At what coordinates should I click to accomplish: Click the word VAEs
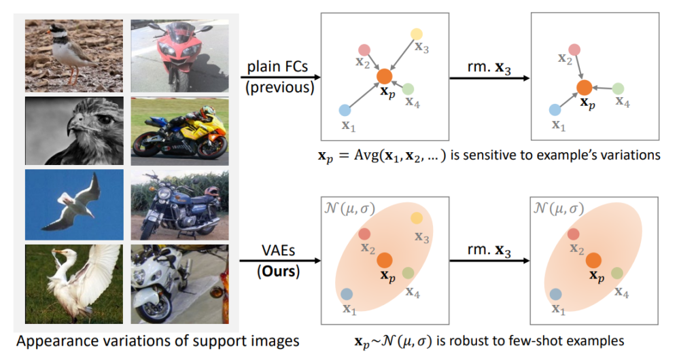pos(279,251)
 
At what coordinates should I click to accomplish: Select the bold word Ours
pos(278,270)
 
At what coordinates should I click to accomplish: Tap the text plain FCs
pos(277,67)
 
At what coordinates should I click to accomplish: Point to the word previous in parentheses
pos(279,87)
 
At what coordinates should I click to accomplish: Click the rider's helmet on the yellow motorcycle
pos(207,111)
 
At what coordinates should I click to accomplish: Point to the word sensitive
pos(487,155)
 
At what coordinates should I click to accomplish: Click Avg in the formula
pos(364,156)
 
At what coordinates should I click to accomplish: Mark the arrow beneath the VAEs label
pos(281,260)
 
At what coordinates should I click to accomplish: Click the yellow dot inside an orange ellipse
pos(417,218)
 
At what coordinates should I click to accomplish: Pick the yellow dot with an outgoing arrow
pos(417,34)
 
